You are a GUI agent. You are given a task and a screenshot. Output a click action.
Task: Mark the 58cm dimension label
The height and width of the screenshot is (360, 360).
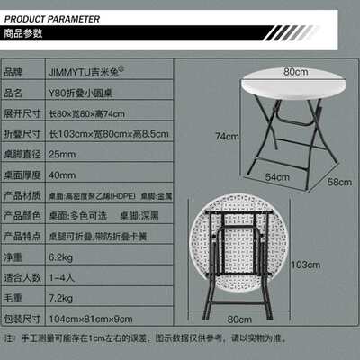coord(339,183)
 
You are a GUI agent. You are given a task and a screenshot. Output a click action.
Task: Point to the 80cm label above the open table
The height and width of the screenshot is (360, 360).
coord(291,72)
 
